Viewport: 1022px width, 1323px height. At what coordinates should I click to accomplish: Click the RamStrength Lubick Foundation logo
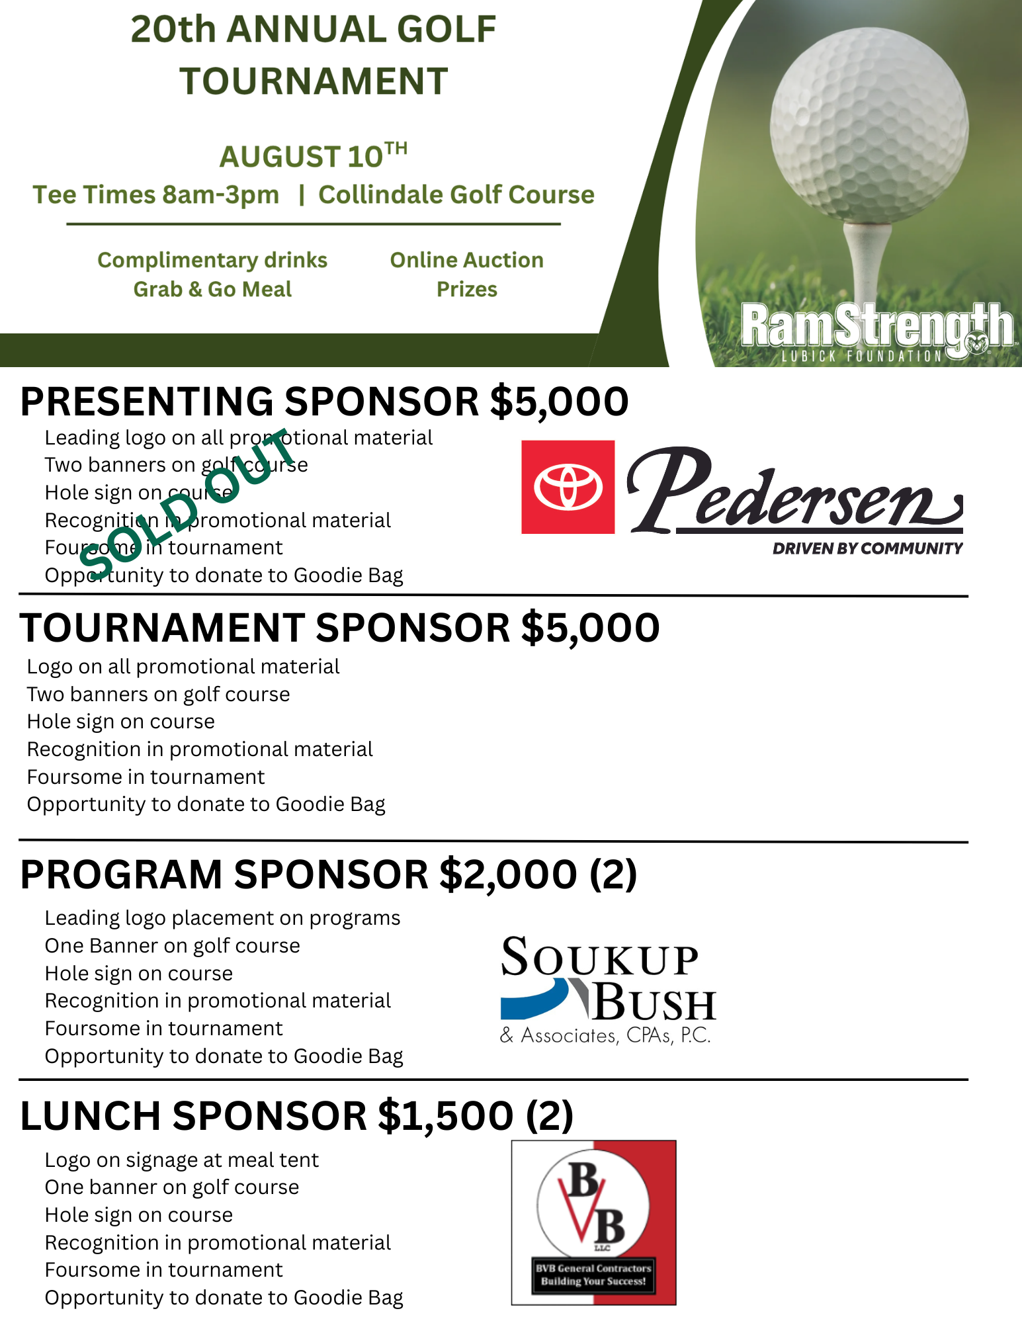pyautogui.click(x=876, y=331)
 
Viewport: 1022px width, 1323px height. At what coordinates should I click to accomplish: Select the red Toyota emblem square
pyautogui.click(x=568, y=487)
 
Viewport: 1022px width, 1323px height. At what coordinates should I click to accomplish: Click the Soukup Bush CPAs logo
pyautogui.click(x=607, y=989)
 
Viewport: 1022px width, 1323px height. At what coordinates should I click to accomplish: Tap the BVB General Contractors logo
pyautogui.click(x=593, y=1222)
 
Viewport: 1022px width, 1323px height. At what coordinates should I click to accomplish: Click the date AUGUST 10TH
pyautogui.click(x=313, y=156)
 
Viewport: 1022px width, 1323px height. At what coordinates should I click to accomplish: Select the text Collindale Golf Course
pyautogui.click(x=456, y=194)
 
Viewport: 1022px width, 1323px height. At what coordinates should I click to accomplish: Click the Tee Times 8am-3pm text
pyautogui.click(x=156, y=194)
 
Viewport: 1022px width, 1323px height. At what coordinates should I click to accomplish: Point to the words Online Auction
pyautogui.click(x=466, y=260)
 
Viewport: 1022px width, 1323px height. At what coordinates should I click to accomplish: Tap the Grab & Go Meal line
pyautogui.click(x=212, y=289)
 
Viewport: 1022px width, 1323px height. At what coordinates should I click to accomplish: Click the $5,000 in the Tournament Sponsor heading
pyautogui.click(x=590, y=628)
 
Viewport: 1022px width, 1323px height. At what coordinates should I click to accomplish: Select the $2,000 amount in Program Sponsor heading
pyautogui.click(x=508, y=875)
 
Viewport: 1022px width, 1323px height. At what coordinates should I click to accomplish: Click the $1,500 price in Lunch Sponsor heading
pyautogui.click(x=445, y=1116)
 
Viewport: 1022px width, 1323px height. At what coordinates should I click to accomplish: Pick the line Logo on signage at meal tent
pyautogui.click(x=181, y=1160)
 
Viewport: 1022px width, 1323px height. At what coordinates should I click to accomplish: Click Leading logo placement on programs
pyautogui.click(x=222, y=918)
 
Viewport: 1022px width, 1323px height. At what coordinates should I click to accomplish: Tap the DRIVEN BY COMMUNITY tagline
pyautogui.click(x=867, y=548)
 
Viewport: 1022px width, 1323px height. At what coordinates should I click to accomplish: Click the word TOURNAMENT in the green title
pyautogui.click(x=314, y=81)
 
